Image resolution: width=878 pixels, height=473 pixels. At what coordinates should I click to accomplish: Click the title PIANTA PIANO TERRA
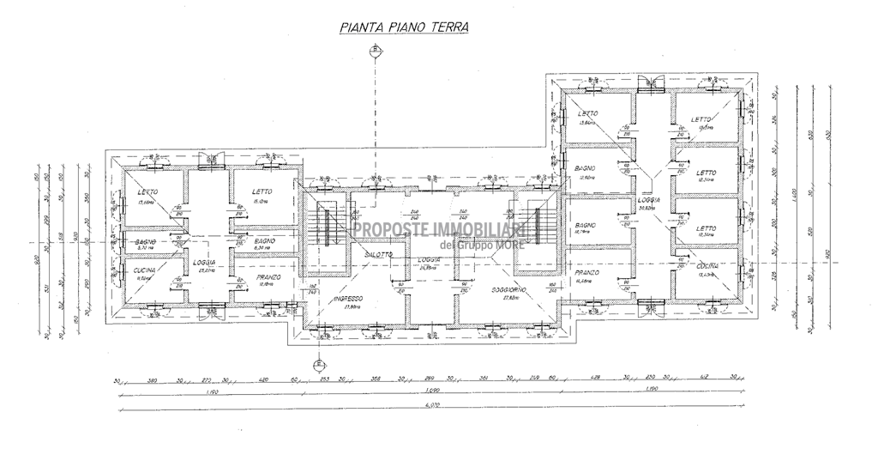coord(404,27)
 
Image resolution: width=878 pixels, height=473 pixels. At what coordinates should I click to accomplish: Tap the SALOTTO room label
coord(377,255)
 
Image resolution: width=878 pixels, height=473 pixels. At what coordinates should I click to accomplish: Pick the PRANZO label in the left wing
coord(268,277)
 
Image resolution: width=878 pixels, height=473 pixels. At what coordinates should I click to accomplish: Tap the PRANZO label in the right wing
coord(587,273)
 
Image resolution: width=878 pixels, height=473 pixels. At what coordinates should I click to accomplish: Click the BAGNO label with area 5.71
coord(144,243)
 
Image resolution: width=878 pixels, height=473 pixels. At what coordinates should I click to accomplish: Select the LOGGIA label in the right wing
coord(647,200)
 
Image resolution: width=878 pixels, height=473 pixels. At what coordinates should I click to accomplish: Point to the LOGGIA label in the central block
coord(429,259)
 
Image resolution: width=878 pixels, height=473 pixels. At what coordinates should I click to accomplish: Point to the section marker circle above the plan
coord(375,51)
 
